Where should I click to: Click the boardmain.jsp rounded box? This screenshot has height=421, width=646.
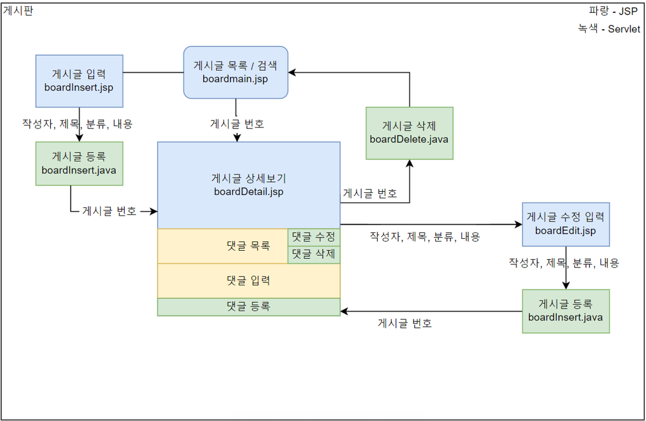pyautogui.click(x=235, y=72)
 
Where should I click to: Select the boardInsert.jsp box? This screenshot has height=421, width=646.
pyautogui.click(x=79, y=81)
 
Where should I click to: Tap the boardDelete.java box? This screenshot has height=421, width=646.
pyautogui.click(x=409, y=133)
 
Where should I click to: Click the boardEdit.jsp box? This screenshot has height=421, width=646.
pyautogui.click(x=566, y=224)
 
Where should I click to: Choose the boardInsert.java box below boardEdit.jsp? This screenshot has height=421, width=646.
pyautogui.click(x=566, y=311)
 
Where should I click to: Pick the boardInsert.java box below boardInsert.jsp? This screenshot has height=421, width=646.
pyautogui.click(x=79, y=164)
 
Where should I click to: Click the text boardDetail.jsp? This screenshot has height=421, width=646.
pyautogui.click(x=248, y=191)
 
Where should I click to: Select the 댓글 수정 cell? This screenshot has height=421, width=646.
pyautogui.click(x=314, y=237)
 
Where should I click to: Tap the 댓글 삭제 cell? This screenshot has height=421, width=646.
pyautogui.click(x=314, y=254)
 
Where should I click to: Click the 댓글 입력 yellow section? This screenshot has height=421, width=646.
pyautogui.click(x=248, y=280)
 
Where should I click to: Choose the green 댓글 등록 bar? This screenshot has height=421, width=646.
pyautogui.click(x=248, y=306)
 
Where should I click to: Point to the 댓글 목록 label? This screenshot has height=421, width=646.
pyautogui.click(x=248, y=246)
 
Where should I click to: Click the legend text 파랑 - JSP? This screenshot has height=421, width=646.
pyautogui.click(x=613, y=11)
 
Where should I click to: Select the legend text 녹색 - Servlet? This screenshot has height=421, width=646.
pyautogui.click(x=609, y=29)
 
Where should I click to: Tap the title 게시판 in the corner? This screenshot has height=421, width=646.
pyautogui.click(x=18, y=11)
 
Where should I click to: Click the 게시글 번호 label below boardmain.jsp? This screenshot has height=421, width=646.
pyautogui.click(x=237, y=124)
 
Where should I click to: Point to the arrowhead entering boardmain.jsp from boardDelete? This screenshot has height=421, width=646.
pyautogui.click(x=292, y=72)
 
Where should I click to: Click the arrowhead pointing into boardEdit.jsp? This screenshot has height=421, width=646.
pyautogui.click(x=518, y=224)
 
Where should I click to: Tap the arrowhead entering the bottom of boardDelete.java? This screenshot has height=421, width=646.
pyautogui.click(x=409, y=164)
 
